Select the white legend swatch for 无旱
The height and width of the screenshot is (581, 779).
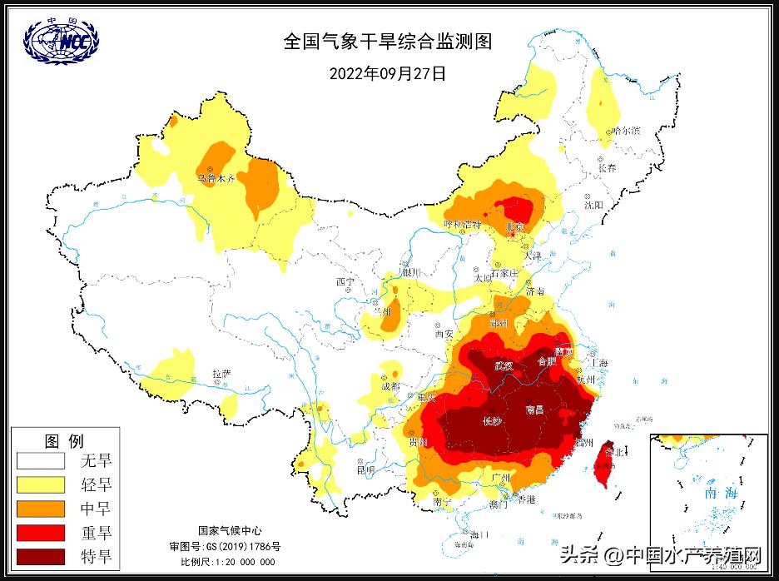[x=41, y=460]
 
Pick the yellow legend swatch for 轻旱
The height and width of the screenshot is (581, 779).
[x=41, y=484]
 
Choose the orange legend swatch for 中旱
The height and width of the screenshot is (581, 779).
[x=41, y=508]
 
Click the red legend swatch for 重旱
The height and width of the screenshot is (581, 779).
[x=41, y=532]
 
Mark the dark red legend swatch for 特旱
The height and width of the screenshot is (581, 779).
[x=41, y=555]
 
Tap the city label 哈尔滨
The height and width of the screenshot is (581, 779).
[x=624, y=132]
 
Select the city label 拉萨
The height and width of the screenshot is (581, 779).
[x=221, y=374]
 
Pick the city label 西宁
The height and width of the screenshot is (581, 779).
[x=345, y=282]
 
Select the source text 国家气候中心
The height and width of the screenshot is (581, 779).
[x=230, y=530]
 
